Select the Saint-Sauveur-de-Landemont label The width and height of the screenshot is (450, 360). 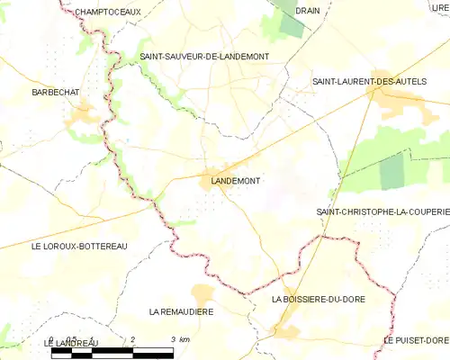pyautogui.click(x=204, y=57)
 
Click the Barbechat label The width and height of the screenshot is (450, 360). pyautogui.click(x=57, y=93)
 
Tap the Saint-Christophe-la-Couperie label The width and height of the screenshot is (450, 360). pyautogui.click(x=382, y=211)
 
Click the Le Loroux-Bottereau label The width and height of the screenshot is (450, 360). pyautogui.click(x=79, y=246)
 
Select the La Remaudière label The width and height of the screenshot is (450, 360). pyautogui.click(x=181, y=311)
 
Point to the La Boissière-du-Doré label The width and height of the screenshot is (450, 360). pyautogui.click(x=318, y=298)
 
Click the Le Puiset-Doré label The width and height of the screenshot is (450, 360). pyautogui.click(x=415, y=340)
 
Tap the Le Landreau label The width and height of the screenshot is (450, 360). pyautogui.click(x=69, y=344)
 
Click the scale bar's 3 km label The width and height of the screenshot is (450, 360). pyautogui.click(x=180, y=339)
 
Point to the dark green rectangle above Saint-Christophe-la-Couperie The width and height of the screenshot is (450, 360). pyautogui.click(x=392, y=171)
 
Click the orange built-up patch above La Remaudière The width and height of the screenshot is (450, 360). pyautogui.click(x=203, y=293)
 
